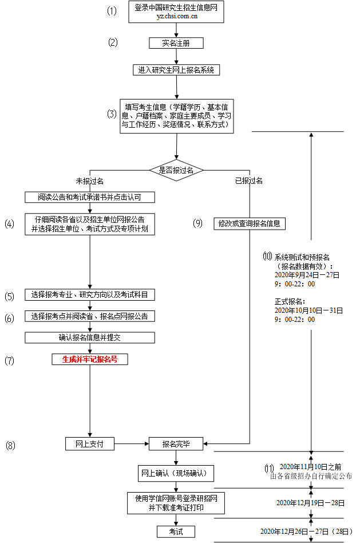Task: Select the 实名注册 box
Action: click(x=176, y=43)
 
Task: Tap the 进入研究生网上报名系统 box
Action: click(x=176, y=70)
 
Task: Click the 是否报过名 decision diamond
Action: click(x=176, y=170)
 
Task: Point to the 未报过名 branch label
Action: click(x=90, y=181)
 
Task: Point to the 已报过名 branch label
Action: click(x=248, y=181)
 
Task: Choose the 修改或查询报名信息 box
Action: click(x=249, y=223)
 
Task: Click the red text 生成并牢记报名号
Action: click(x=90, y=360)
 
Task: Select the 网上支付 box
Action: click(x=90, y=443)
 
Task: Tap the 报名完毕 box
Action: click(x=176, y=443)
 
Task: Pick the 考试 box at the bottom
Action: click(x=176, y=532)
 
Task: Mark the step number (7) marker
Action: click(x=9, y=361)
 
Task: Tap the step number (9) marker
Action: click(x=198, y=223)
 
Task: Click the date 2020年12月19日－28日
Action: click(x=310, y=503)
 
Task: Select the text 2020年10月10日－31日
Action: click(x=308, y=310)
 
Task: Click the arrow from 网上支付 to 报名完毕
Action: click(x=132, y=443)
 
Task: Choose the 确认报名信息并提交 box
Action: click(x=90, y=337)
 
